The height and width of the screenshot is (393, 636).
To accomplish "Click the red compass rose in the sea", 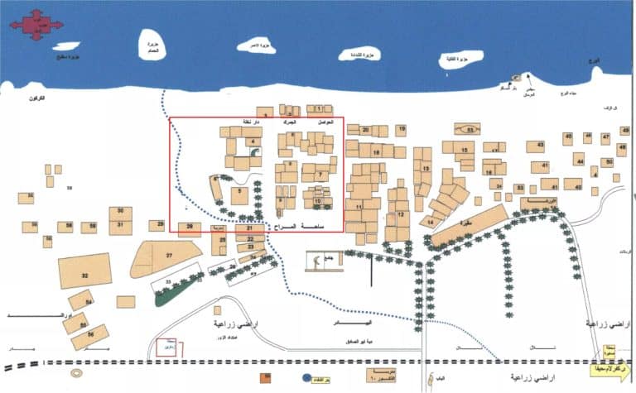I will (35, 25).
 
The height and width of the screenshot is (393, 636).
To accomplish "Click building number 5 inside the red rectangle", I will (239, 195).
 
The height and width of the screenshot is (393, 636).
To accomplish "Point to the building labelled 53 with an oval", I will (469, 129).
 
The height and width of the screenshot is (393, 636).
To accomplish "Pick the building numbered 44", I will (580, 160).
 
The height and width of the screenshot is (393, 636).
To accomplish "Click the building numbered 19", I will (401, 130).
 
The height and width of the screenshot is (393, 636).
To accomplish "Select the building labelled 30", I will (121, 212).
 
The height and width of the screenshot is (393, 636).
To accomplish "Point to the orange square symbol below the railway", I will (265, 379).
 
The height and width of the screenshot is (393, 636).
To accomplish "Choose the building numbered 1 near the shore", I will (319, 108).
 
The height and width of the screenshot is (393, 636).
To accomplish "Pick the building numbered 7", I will (318, 175).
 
